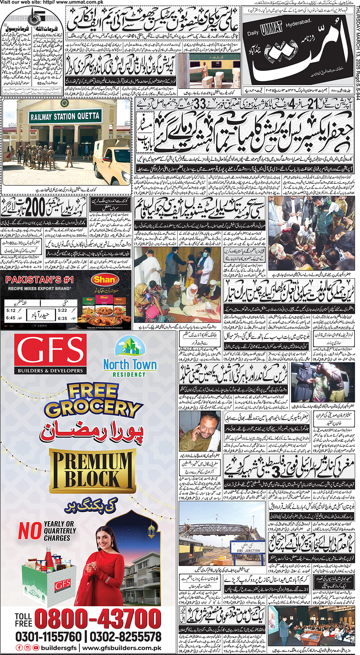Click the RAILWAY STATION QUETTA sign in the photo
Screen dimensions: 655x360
tap(65, 116)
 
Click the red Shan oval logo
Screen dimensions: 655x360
tap(105, 279)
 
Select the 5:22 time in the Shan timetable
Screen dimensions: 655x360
tap(63, 310)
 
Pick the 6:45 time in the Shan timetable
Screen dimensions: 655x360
tap(11, 318)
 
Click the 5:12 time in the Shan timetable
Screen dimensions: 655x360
tap(11, 310)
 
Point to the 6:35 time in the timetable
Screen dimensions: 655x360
tap(63, 318)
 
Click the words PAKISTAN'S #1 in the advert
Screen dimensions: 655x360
tap(39, 280)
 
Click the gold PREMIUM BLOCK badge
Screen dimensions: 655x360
tap(92, 471)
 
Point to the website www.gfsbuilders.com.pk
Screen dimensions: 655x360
tap(122, 648)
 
